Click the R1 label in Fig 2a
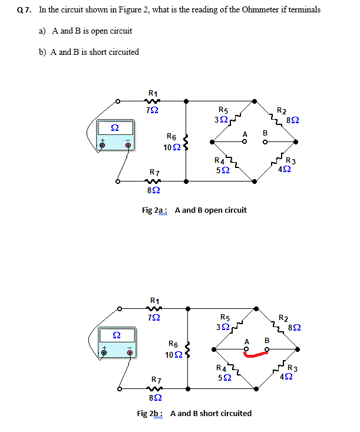(x=153, y=93)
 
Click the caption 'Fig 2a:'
(x=155, y=210)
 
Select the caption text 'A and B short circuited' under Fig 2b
(x=210, y=413)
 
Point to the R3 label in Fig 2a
(x=290, y=161)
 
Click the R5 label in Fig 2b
(x=225, y=316)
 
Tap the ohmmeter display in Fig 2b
(x=117, y=335)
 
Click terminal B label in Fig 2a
(x=265, y=133)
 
